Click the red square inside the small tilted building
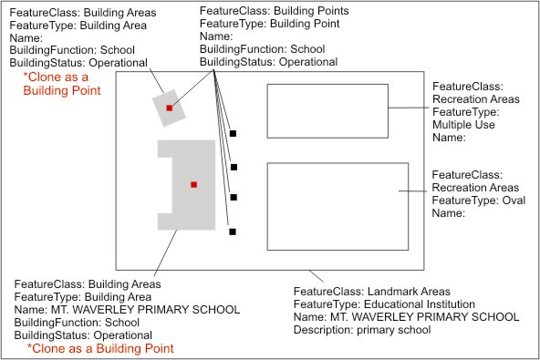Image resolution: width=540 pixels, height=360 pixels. click(170, 108)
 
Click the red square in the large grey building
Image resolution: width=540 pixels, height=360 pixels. click(193, 185)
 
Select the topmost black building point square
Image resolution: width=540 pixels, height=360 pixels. click(234, 134)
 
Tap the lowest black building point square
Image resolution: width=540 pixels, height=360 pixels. click(234, 231)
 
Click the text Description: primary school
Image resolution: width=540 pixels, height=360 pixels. click(362, 330)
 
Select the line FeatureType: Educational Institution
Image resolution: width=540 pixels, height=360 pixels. click(384, 304)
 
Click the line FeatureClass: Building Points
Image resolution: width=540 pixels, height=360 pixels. click(274, 11)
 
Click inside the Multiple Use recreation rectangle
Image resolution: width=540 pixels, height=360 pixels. click(327, 109)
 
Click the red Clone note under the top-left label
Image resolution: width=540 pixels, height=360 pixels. click(62, 84)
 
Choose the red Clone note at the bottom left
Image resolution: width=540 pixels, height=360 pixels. click(99, 348)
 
